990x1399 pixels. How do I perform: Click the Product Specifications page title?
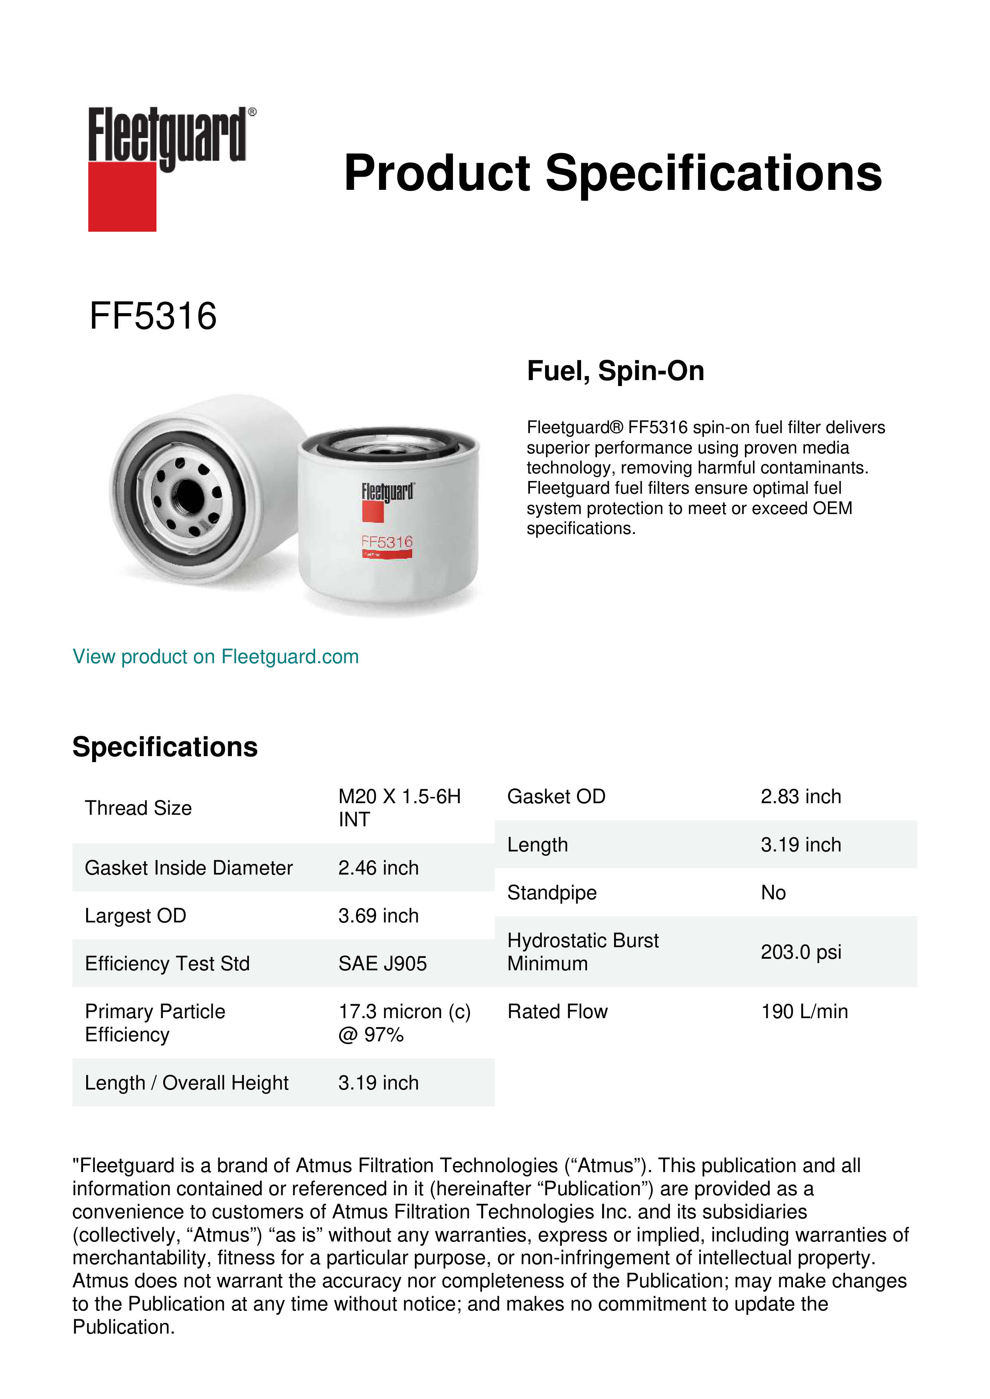(x=612, y=173)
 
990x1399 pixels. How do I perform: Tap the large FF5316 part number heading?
(x=153, y=316)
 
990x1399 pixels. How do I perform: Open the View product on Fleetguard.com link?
(x=215, y=657)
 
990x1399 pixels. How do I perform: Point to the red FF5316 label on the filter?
(x=387, y=542)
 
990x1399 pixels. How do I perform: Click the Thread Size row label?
(x=138, y=808)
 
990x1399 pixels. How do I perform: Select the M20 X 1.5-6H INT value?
(x=399, y=808)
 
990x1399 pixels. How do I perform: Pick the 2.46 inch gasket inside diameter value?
(x=379, y=868)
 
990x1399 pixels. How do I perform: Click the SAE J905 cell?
(x=382, y=964)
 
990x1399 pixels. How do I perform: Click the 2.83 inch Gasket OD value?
(x=800, y=796)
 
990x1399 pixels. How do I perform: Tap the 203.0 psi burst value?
(x=800, y=952)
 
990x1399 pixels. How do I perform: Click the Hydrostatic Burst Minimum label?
(x=583, y=952)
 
